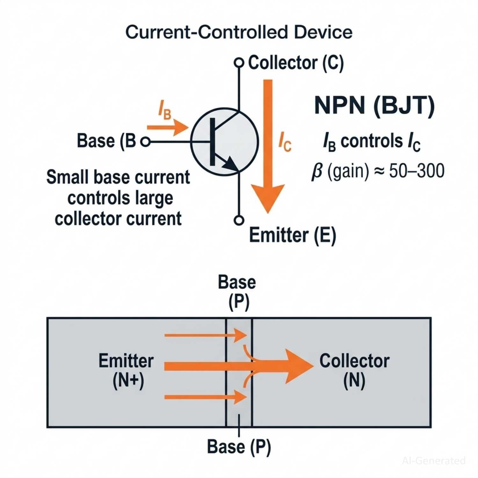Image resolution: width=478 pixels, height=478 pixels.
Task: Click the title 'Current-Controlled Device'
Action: (x=239, y=32)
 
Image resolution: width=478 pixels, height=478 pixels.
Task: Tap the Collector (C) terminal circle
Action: (x=239, y=62)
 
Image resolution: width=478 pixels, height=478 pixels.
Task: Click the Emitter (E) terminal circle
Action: (x=239, y=220)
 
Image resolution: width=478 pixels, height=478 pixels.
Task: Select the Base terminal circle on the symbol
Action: (x=145, y=141)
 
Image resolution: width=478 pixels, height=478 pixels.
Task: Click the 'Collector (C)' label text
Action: (x=296, y=63)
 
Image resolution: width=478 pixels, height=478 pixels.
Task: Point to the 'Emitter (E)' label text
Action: (x=292, y=235)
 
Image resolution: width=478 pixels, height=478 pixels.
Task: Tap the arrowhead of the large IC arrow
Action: (x=268, y=198)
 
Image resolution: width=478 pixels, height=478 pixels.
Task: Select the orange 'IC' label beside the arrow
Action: (x=285, y=142)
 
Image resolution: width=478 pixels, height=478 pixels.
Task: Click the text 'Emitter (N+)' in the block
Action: (x=127, y=370)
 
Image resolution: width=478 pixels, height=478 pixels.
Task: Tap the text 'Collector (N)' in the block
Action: (x=354, y=370)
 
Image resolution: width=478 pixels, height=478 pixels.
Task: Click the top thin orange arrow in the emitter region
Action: (x=206, y=335)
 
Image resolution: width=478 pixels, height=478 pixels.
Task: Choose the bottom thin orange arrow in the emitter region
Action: (x=206, y=397)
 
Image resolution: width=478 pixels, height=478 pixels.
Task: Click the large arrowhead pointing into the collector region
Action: (x=298, y=366)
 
